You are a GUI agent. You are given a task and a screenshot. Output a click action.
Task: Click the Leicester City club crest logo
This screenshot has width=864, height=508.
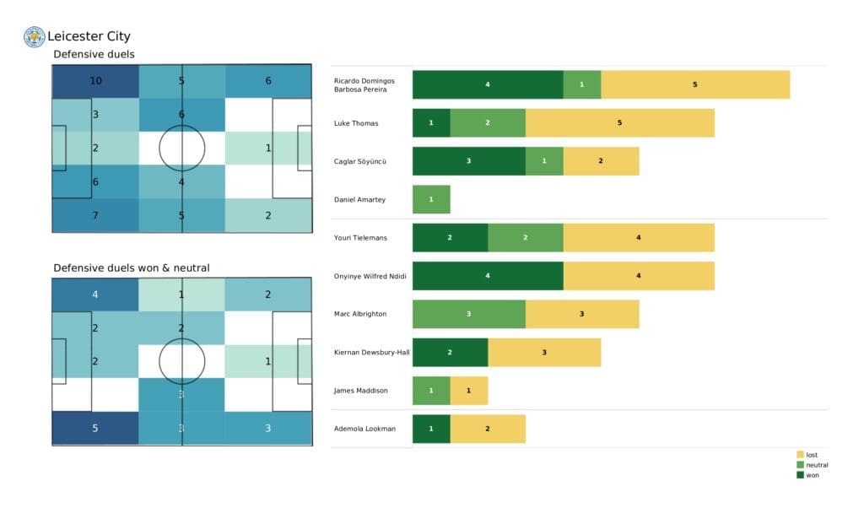34,36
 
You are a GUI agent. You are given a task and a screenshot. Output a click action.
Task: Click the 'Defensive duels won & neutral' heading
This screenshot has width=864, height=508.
132,268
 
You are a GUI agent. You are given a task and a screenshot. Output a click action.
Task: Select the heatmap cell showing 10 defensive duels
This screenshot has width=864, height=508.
94,81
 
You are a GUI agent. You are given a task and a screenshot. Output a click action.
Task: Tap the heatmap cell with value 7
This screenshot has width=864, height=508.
94,215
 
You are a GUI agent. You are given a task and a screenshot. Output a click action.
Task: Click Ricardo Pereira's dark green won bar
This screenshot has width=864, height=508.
488,84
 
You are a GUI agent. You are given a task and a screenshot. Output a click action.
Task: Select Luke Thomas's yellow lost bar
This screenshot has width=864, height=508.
620,122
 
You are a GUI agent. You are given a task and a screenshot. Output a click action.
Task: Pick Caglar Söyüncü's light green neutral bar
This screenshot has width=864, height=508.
544,160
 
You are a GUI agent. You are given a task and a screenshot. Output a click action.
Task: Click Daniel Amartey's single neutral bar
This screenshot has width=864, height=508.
431,199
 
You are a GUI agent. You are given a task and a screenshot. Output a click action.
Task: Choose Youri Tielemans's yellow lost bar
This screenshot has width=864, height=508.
639,237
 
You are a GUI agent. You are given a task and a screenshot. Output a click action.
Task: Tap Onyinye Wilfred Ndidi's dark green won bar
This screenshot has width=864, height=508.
488,276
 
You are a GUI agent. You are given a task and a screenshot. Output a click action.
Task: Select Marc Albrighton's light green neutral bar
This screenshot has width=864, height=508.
469,314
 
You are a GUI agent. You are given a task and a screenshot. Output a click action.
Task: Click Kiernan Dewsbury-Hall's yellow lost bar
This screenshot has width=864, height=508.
544,352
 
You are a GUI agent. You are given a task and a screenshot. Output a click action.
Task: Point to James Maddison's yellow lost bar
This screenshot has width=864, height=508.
469,390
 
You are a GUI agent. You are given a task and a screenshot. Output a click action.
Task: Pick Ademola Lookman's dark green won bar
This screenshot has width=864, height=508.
431,429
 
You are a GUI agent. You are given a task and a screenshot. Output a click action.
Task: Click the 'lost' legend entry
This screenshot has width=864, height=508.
810,455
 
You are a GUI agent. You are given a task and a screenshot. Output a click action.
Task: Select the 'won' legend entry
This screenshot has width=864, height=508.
810,474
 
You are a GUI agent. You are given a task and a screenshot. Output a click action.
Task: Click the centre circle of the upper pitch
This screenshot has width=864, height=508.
181,149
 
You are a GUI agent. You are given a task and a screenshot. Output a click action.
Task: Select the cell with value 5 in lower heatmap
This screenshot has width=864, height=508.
94,428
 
